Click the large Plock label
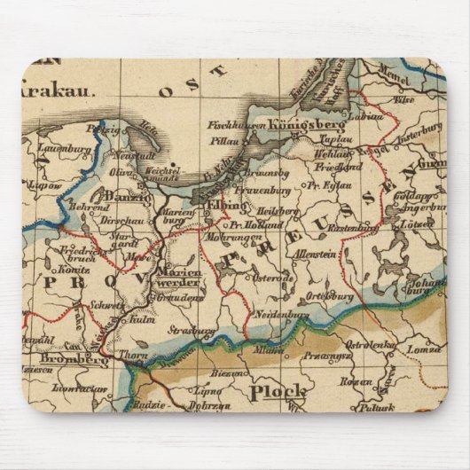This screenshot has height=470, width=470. click(278, 391)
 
